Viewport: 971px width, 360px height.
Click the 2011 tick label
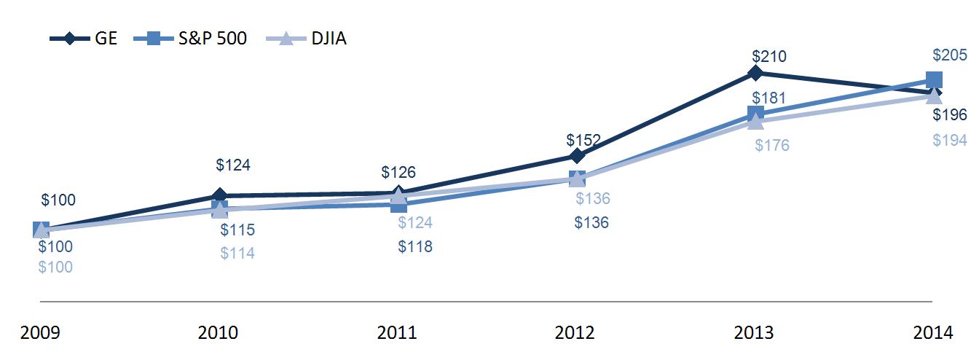pos(396,333)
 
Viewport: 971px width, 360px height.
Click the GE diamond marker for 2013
pos(755,73)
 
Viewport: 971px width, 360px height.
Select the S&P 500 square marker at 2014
pos(934,80)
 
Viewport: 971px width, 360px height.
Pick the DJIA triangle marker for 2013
pos(755,121)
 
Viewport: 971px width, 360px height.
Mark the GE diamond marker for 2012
pos(576,156)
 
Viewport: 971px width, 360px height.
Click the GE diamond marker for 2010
pos(219,195)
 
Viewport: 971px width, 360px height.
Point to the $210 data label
pos(769,56)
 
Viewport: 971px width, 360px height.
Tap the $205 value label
pos(950,55)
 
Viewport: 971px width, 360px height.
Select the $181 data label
pos(768,98)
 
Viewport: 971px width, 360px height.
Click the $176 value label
pos(771,146)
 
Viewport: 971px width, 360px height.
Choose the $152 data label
pos(583,140)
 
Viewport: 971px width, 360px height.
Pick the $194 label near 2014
pos(950,141)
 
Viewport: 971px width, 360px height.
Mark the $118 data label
pos(415,246)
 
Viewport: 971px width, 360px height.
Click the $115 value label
pos(237,230)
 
